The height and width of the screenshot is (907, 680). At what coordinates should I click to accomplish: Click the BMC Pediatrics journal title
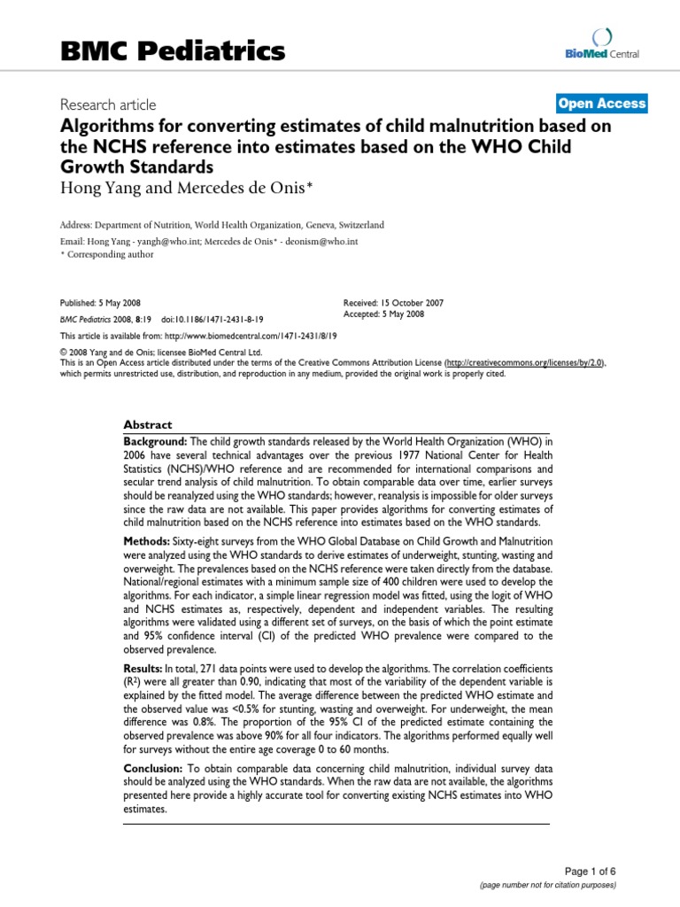pyautogui.click(x=174, y=51)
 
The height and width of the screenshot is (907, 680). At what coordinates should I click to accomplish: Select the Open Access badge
pyautogui.click(x=602, y=104)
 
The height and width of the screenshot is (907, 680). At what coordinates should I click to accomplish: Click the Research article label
pyautogui.click(x=108, y=105)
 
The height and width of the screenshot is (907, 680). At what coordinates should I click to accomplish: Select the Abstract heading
pyautogui.click(x=147, y=424)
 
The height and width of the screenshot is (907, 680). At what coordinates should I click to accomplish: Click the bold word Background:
pyautogui.click(x=154, y=441)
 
